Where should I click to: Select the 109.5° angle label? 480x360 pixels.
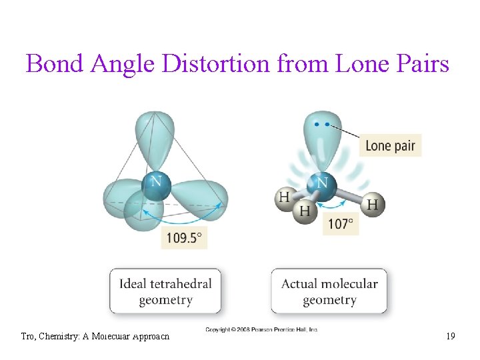184,237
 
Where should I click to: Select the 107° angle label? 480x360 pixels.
341,223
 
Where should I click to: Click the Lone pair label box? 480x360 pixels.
390,145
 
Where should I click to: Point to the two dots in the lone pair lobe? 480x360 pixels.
322,124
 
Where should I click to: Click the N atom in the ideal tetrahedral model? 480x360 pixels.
156,183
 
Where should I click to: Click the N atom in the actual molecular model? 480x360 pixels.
321,184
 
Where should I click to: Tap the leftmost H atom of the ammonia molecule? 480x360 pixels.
285,198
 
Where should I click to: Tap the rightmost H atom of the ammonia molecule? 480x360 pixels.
373,203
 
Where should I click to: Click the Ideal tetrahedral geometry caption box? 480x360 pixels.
165,291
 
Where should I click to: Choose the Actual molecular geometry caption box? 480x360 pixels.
329,291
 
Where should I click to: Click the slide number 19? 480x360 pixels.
451,337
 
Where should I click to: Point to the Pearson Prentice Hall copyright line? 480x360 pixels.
261,330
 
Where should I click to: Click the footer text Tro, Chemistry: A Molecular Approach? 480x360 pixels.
95,337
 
